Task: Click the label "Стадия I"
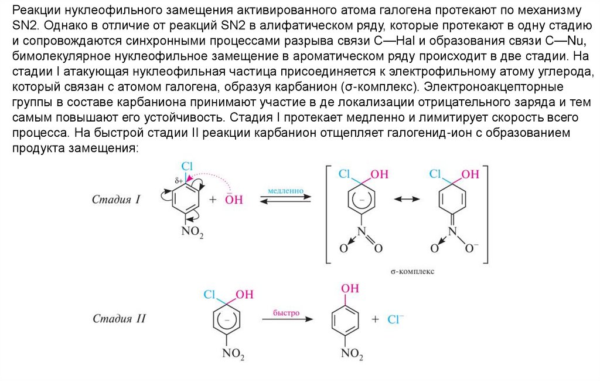[116, 200]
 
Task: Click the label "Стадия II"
[119, 319]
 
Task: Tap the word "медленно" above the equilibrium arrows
[285, 191]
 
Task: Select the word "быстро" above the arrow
[286, 313]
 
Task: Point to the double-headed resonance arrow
[407, 199]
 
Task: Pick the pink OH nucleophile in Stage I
[234, 200]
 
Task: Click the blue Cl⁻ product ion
[396, 319]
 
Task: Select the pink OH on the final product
[350, 288]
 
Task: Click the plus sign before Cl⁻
[376, 319]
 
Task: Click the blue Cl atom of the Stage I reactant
[187, 167]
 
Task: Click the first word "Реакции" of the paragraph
[35, 12]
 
